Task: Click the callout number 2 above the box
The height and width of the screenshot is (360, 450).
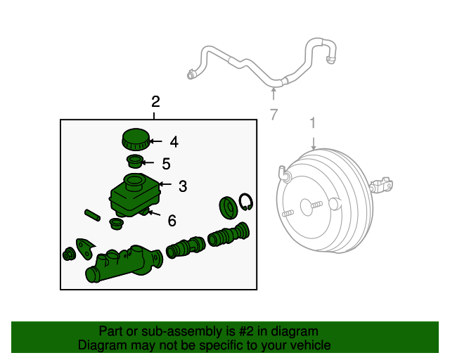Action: [155, 102]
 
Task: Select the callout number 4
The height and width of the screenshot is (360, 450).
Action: [174, 142]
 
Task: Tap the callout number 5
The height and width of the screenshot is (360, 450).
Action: [166, 164]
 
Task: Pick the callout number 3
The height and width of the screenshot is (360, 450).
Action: [182, 186]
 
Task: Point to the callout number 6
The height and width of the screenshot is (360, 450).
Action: [172, 221]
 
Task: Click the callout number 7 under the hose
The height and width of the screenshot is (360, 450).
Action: [274, 115]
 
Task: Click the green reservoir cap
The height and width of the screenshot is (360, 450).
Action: [134, 139]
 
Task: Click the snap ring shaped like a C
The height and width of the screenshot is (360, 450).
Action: [246, 202]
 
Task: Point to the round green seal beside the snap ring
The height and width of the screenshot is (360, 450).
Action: [228, 207]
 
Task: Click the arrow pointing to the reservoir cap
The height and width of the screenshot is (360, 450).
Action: [155, 141]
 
